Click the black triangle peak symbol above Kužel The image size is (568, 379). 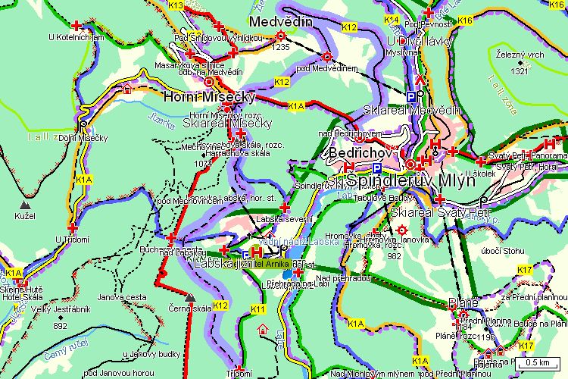27,205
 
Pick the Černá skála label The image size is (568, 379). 190,309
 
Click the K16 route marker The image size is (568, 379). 465,20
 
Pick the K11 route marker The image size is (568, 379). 258,309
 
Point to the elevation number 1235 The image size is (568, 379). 281,47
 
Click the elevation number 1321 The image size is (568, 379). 519,71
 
